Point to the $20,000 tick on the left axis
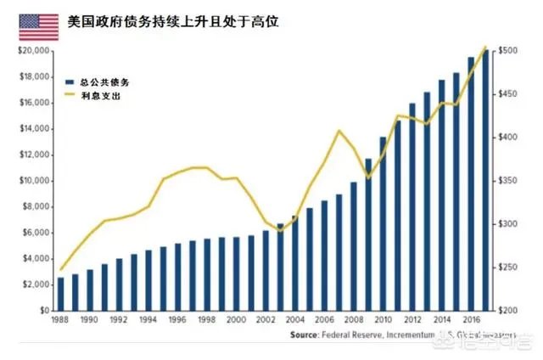[30, 51]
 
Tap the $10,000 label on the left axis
[30, 181]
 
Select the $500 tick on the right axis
[509, 51]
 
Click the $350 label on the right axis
[509, 181]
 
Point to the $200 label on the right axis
[509, 311]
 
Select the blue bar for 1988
[60, 294]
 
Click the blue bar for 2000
[237, 273]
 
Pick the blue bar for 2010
[383, 223]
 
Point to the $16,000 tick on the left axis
[30, 103]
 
